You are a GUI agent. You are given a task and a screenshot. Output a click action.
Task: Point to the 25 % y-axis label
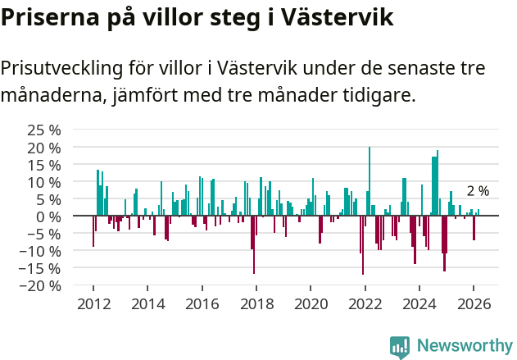click(44, 130)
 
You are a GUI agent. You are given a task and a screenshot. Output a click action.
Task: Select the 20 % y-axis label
click(44, 148)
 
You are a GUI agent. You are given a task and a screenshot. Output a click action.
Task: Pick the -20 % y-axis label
click(41, 286)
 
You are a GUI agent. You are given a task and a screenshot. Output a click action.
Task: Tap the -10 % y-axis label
click(41, 251)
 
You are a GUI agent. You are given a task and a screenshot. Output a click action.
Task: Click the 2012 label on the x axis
click(93, 303)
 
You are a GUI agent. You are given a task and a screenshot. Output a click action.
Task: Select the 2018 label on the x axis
click(256, 303)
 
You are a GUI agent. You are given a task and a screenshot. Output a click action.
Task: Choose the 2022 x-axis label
click(365, 303)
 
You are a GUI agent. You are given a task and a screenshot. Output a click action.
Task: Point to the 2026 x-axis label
click(474, 303)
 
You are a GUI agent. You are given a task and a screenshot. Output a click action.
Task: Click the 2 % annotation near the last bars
click(478, 191)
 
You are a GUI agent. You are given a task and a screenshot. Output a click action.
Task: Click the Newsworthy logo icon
click(400, 346)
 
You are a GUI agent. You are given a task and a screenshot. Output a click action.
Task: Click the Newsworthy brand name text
click(464, 346)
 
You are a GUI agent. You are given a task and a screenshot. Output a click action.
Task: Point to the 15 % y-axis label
click(44, 165)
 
